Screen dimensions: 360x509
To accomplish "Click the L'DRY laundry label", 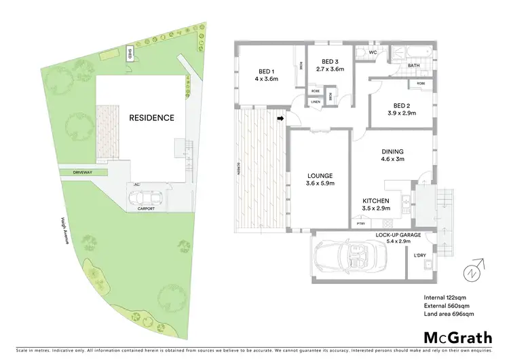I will click(x=419, y=256).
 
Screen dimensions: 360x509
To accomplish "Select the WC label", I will click(x=373, y=52).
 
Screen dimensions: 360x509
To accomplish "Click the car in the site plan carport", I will click(x=146, y=197).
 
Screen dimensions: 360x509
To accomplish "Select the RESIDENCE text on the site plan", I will click(x=151, y=118).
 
